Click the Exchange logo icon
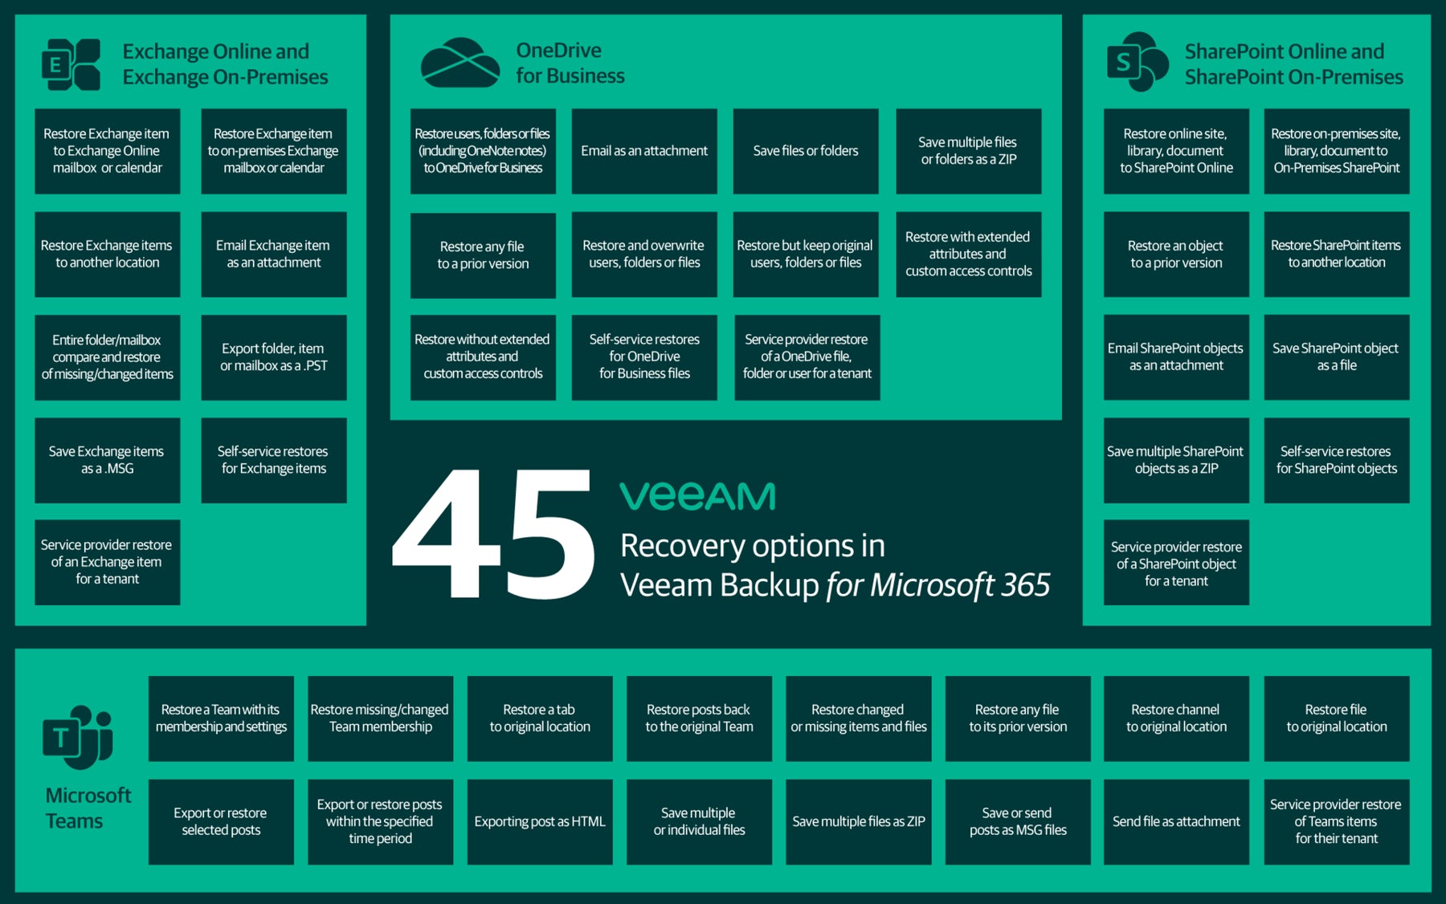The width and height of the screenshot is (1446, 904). (71, 64)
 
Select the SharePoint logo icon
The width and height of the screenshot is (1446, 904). (1137, 62)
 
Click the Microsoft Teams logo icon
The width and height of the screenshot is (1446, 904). (78, 737)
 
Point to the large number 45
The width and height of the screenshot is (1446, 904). (493, 533)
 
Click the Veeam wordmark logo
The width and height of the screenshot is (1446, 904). (697, 496)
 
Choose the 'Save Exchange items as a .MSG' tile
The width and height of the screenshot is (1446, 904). (108, 460)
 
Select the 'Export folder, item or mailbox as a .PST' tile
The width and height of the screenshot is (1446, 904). (274, 357)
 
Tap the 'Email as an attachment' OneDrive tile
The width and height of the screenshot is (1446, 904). (644, 151)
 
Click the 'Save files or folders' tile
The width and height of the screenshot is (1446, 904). (806, 151)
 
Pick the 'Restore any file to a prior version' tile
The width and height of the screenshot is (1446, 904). (483, 255)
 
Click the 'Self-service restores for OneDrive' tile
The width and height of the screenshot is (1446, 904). (644, 357)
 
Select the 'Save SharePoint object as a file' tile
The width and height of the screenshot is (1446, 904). (1337, 357)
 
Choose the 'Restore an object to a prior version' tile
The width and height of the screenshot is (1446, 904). (1176, 255)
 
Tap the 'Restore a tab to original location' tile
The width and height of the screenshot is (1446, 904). (540, 719)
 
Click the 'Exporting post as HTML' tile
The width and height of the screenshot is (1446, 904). (540, 822)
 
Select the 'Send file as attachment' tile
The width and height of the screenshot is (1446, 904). (1176, 822)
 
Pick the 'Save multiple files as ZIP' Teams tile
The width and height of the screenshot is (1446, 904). (859, 822)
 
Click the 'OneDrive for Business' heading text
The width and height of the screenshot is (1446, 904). (570, 63)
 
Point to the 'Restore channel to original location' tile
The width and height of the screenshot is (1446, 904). (1176, 719)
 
